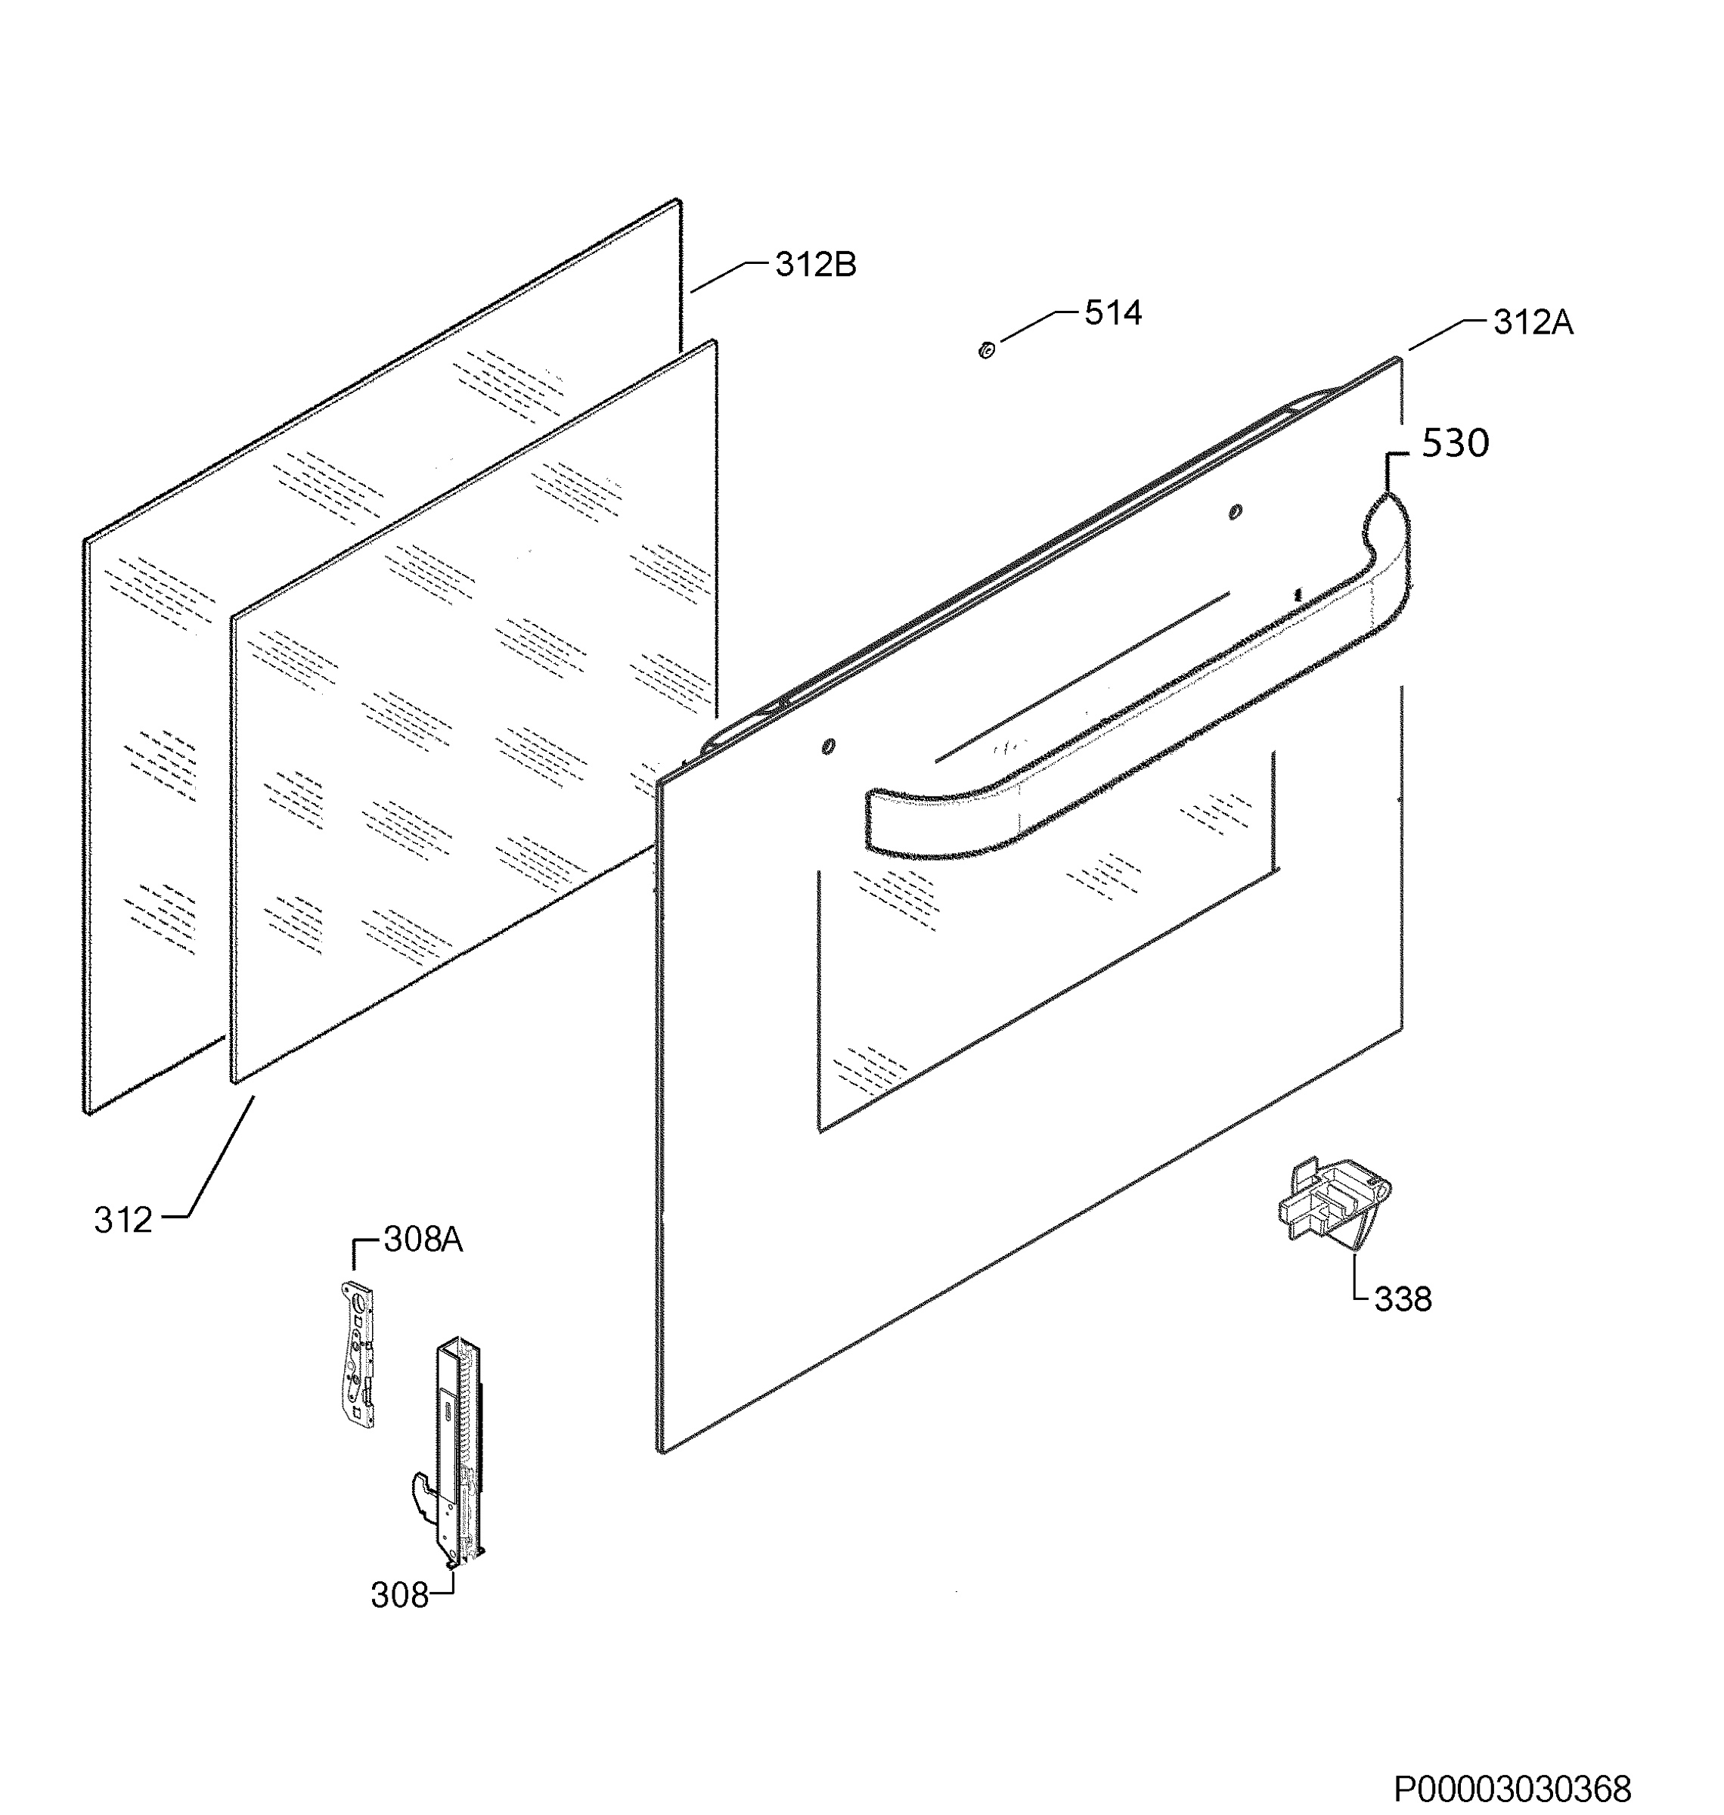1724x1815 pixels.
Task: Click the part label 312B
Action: pos(815,265)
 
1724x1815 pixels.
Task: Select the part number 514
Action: pos(1113,313)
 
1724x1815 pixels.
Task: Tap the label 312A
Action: pos(1533,323)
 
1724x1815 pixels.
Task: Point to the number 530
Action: pos(1455,444)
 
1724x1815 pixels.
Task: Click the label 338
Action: pos(1403,1299)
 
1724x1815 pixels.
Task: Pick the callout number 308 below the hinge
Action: pos(400,1596)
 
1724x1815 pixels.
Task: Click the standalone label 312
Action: pos(123,1221)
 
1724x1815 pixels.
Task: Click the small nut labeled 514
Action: pos(986,350)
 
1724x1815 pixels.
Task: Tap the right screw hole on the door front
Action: pos(1235,512)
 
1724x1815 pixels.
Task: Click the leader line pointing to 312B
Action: pos(730,276)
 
